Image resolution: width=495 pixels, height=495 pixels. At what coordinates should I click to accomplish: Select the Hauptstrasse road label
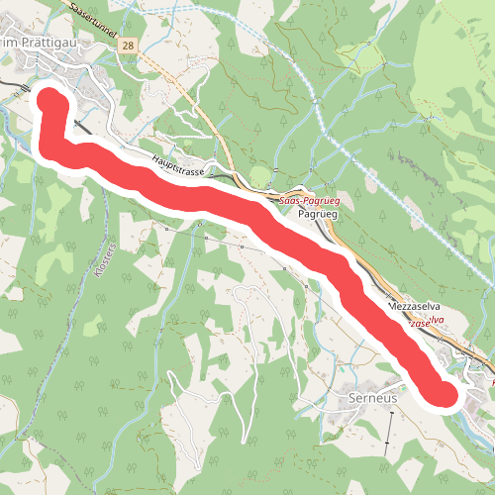pos(178,169)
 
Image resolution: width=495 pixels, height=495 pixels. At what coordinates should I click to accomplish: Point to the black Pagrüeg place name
pos(316,213)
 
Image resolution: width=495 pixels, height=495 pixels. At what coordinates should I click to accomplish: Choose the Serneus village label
pos(373,397)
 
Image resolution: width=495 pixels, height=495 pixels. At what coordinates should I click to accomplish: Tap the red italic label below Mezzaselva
pos(424,324)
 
